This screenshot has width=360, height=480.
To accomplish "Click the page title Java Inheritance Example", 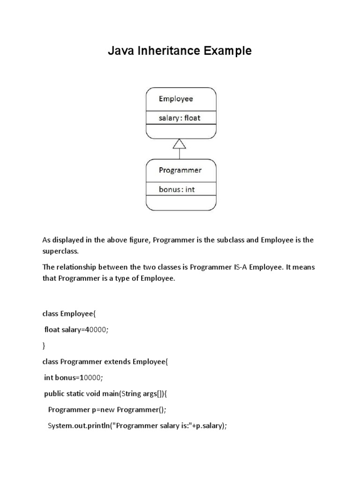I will pos(180,51).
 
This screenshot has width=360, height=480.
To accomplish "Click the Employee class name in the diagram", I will pos(176,99).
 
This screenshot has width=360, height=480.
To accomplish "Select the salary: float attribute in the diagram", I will pos(180,118).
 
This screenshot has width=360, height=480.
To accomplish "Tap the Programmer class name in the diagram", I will pos(180,170).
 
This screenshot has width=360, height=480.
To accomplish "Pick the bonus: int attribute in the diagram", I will pos(177,189).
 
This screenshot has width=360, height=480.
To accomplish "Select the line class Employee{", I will pos(69,314).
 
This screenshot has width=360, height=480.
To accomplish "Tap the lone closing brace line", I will pos(44,346).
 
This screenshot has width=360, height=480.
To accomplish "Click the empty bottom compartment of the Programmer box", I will pos(181,202).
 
